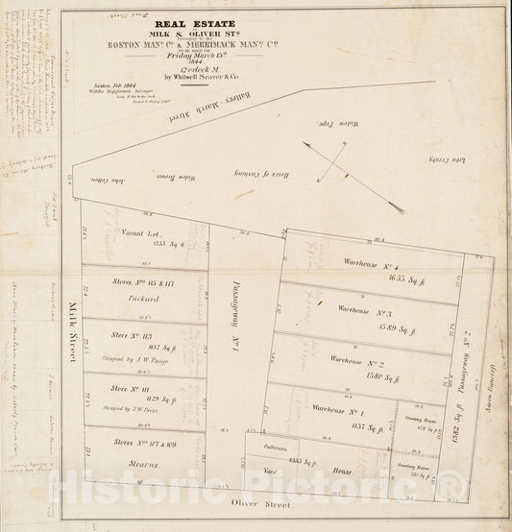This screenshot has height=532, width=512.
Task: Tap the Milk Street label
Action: pyautogui.click(x=73, y=332)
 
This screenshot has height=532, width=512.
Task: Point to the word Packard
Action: pyautogui.click(x=130, y=299)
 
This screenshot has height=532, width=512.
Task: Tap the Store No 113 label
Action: pyautogui.click(x=130, y=335)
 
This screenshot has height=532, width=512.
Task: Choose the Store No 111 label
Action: pyautogui.click(x=130, y=388)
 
